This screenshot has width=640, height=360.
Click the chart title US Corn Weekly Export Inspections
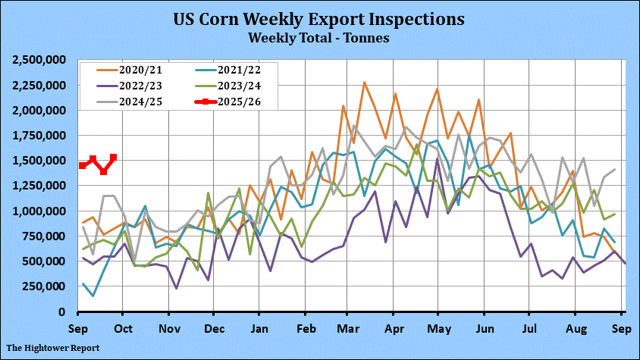[319, 18]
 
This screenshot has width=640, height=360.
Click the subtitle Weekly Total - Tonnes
[319, 36]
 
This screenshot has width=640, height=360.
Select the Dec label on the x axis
[215, 329]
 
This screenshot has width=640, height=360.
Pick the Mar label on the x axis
[348, 329]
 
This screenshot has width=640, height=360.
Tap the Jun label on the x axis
[482, 329]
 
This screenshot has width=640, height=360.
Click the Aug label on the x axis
[574, 329]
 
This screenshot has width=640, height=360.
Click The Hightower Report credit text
[54, 349]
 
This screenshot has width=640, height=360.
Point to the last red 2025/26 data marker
[114, 158]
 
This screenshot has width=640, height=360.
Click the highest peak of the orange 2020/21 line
[365, 83]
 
